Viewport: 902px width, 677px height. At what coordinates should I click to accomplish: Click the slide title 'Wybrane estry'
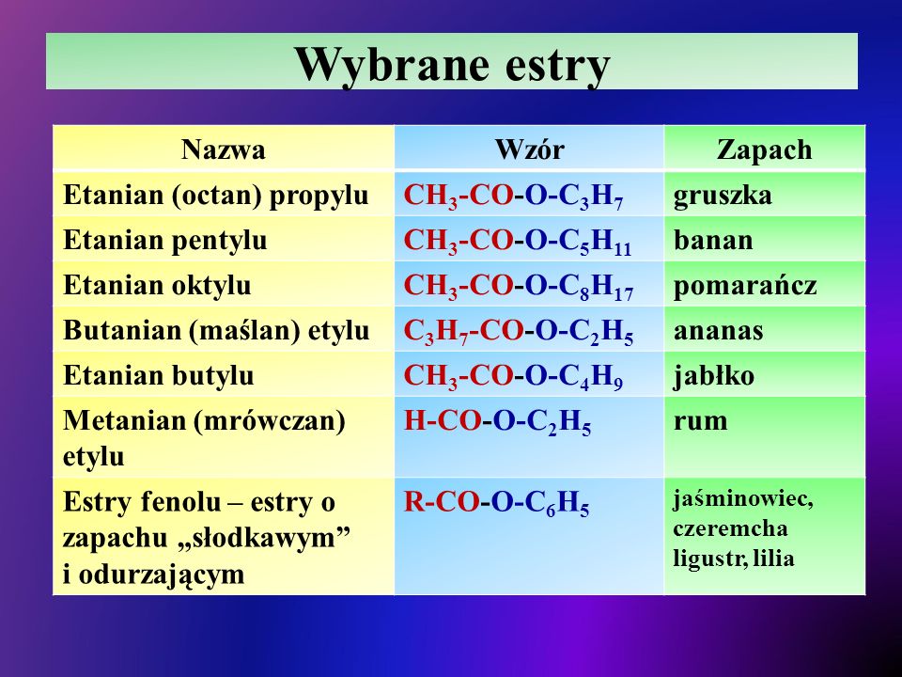[x=452, y=65]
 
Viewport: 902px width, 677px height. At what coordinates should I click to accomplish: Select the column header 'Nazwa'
[x=224, y=150]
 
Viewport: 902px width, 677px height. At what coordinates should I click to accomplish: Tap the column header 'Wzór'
[x=529, y=150]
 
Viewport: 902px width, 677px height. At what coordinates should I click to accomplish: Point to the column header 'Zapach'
[x=765, y=150]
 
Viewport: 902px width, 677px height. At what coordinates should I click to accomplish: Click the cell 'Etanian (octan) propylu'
[x=216, y=196]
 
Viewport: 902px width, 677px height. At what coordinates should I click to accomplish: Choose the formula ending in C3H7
[x=513, y=197]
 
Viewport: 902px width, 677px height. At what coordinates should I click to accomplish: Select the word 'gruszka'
[x=723, y=197]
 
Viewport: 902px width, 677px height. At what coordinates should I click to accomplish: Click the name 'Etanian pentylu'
[x=165, y=241]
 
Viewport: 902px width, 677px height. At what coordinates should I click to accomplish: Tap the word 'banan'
[x=713, y=240]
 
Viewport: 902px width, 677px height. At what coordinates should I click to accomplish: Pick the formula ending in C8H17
[x=519, y=286]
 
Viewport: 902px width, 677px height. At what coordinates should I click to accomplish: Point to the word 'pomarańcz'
[x=745, y=286]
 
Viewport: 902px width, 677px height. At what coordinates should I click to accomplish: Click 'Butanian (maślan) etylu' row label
[x=216, y=330]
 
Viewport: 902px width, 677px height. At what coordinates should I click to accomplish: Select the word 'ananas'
[x=719, y=331]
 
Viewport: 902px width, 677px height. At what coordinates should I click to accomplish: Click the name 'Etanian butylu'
[x=158, y=376]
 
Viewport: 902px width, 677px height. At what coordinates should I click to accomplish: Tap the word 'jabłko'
[x=714, y=376]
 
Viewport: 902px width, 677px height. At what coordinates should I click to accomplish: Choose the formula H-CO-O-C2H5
[x=497, y=422]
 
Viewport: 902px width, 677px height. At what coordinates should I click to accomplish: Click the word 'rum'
[x=701, y=421]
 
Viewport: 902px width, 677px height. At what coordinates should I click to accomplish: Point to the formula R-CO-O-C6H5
[x=496, y=503]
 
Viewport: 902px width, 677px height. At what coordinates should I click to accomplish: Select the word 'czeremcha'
[x=730, y=527]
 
